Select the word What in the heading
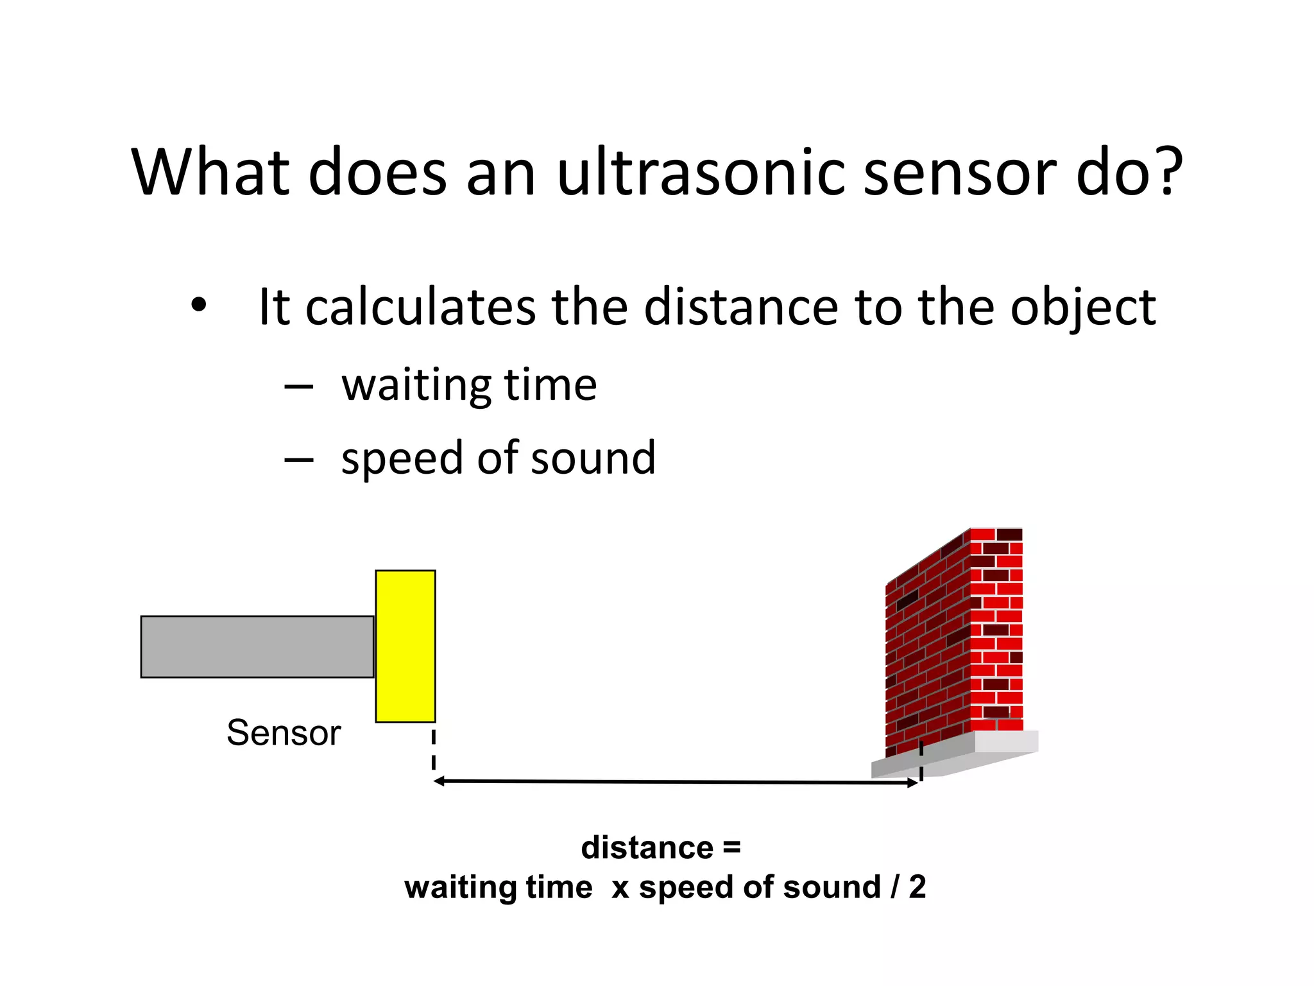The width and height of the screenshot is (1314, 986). click(x=211, y=172)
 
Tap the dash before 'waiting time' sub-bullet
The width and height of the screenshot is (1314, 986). click(x=299, y=387)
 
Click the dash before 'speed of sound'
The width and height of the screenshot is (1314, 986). click(x=299, y=460)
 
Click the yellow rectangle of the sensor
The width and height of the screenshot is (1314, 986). click(x=405, y=646)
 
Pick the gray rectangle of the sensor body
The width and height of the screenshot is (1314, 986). click(x=257, y=646)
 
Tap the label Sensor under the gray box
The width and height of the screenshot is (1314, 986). click(x=284, y=733)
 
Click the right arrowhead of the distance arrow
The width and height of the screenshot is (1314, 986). click(x=912, y=783)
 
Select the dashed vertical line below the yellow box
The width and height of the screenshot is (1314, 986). click(x=434, y=748)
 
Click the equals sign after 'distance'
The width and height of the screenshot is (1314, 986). click(x=731, y=848)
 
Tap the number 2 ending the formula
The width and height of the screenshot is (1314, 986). click(x=917, y=887)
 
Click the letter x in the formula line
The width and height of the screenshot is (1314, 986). click(x=620, y=888)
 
